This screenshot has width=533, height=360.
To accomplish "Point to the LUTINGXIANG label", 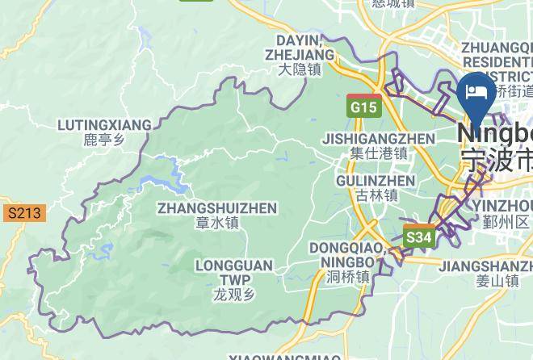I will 105,125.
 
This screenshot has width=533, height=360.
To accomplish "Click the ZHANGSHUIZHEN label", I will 217,208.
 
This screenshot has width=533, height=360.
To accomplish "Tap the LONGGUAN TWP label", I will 233,272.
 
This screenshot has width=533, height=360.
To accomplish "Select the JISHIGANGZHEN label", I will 379,138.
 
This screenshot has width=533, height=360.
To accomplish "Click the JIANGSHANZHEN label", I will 485,266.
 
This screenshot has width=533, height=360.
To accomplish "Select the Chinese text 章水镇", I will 217,224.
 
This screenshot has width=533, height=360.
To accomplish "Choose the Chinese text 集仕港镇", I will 379,153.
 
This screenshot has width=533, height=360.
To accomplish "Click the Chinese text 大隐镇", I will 300,70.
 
